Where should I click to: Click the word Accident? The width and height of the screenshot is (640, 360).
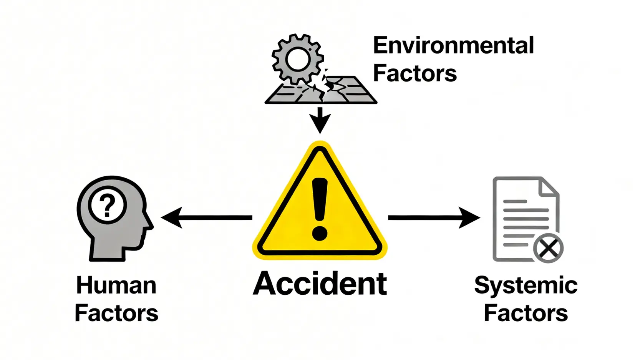tap(320, 284)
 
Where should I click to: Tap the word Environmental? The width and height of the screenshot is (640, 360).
tap(453, 46)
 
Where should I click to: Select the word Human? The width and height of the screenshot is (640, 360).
tap(116, 285)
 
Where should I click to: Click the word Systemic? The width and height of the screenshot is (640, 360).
tap(526, 285)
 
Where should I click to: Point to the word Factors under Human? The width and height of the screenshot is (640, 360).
tap(116, 313)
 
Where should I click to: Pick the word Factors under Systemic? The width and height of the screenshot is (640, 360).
tap(526, 313)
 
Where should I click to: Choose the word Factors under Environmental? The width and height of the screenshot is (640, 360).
tap(415, 73)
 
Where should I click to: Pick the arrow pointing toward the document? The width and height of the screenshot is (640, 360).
tap(434, 217)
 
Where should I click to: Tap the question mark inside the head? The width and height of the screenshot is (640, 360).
tap(107, 206)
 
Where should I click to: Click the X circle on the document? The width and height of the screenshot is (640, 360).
tap(548, 248)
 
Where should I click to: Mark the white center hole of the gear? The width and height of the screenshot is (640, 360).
tap(297, 60)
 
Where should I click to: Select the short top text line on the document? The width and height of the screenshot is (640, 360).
tap(515, 201)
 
